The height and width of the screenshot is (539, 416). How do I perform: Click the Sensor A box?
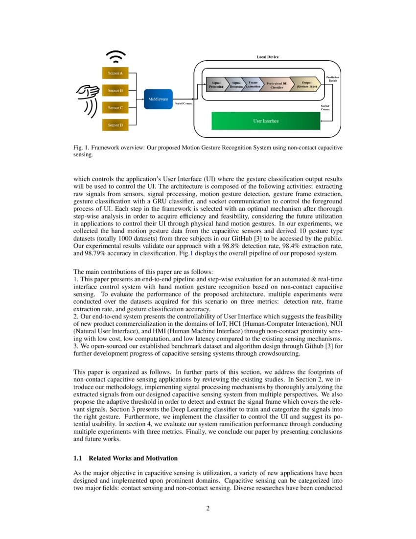tap(115, 73)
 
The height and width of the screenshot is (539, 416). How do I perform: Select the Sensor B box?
tap(115, 91)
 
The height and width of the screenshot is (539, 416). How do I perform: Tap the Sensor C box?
tap(115, 108)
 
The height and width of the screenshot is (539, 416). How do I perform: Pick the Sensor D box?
tap(115, 125)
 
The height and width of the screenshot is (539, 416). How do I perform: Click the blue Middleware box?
tap(158, 99)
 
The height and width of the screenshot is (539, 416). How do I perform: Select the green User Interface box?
tap(266, 121)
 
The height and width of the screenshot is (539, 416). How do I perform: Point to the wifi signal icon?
tap(116, 57)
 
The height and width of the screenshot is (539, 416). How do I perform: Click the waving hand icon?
tap(88, 99)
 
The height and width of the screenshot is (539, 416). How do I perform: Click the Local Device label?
tap(268, 57)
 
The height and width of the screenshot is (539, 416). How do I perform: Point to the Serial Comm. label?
tap(184, 103)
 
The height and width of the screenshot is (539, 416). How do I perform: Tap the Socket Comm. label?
tap(325, 107)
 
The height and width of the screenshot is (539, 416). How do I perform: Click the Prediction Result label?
tap(332, 79)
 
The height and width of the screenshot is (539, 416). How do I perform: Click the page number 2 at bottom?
tap(208, 508)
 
